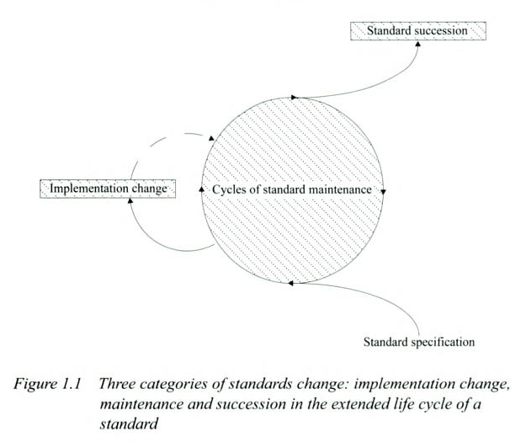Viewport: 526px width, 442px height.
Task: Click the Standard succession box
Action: pos(418,30)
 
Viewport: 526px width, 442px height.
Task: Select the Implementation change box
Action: pos(107,189)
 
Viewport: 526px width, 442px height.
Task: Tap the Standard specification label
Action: pos(419,342)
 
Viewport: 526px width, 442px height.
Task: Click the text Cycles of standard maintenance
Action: pos(292,189)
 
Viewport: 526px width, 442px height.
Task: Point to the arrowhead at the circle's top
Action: pos(294,98)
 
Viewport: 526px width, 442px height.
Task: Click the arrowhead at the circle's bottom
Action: pos(290,282)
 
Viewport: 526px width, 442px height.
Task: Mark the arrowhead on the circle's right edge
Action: pos(384,190)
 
